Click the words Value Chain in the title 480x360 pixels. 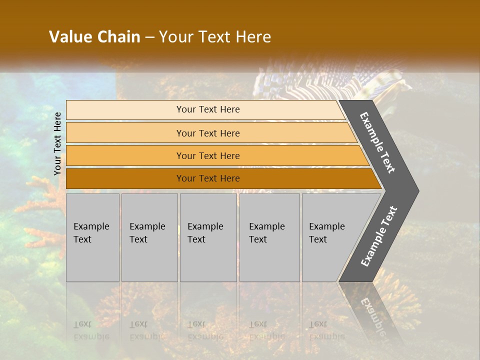[94, 37]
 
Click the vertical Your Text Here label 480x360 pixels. [57, 144]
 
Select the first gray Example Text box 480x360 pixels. [92, 237]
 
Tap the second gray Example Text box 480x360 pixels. [149, 237]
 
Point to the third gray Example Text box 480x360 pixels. [208, 237]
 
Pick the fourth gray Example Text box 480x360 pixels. [269, 237]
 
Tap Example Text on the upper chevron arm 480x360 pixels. [378, 142]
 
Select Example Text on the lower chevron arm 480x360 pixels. [379, 236]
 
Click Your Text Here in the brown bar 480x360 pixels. [208, 178]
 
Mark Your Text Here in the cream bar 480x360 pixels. [208, 109]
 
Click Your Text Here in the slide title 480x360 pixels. [215, 37]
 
